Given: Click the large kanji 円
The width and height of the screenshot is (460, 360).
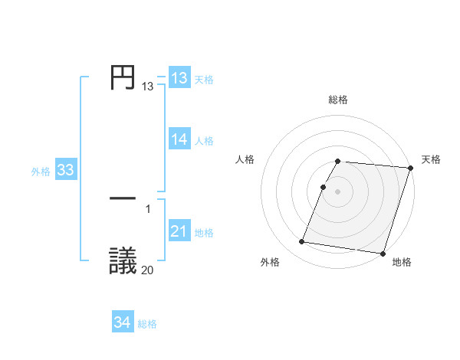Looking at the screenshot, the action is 123,77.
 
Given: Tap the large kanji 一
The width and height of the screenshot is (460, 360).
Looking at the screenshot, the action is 123,198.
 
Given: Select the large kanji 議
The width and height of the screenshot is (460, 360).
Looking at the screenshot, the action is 123,260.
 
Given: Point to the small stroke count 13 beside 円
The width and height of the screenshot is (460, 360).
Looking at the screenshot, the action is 147,87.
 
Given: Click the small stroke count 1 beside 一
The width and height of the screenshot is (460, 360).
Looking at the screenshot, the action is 148,208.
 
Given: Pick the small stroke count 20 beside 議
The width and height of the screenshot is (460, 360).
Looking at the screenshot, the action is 148,270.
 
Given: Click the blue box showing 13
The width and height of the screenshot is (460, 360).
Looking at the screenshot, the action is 179,78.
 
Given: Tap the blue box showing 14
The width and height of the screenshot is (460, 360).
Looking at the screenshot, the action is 179,139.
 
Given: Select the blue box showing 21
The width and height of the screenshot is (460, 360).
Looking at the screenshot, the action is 179,232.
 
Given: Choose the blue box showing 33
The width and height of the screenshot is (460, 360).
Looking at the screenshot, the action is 65,171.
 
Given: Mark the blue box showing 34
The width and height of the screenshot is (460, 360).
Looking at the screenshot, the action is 123,323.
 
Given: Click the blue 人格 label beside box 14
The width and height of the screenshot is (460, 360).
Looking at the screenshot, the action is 204,141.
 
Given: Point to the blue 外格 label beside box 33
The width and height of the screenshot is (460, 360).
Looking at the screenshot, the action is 41,172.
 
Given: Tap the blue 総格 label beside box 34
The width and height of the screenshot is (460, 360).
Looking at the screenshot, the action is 147,325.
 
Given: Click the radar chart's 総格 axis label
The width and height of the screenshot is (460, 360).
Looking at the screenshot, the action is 338,100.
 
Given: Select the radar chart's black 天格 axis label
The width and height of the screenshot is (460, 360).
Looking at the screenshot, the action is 431,159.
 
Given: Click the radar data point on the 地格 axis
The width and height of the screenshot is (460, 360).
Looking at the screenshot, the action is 383,253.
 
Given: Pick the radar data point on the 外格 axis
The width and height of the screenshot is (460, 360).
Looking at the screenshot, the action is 302,242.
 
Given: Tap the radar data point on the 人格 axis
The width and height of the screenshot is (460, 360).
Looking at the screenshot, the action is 324,187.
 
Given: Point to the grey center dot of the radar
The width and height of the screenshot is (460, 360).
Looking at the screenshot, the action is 338,191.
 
